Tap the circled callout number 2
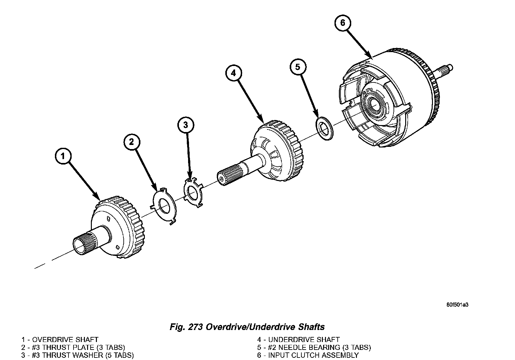click(131, 142)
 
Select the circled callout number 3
click(186, 125)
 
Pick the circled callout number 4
click(233, 73)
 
